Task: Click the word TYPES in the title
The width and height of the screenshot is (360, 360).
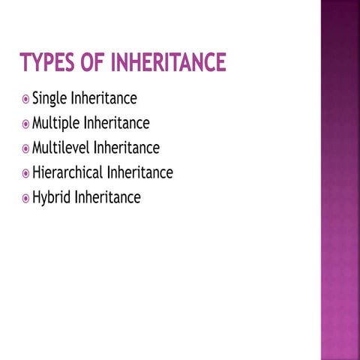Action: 49,63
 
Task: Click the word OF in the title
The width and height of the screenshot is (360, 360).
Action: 94,63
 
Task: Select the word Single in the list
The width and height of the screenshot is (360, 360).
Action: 49,99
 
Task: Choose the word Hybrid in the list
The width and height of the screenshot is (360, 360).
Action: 51,198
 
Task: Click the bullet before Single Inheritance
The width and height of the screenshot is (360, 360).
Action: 26,99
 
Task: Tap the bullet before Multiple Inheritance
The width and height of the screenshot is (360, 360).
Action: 26,124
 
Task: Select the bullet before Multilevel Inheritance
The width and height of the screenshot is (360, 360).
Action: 26,148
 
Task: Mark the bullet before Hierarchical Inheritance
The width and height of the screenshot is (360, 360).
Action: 26,173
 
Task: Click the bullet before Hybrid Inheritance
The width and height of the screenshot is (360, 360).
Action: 26,198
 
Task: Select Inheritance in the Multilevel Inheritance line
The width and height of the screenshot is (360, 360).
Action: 127,148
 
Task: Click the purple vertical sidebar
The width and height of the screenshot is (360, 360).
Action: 340,180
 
